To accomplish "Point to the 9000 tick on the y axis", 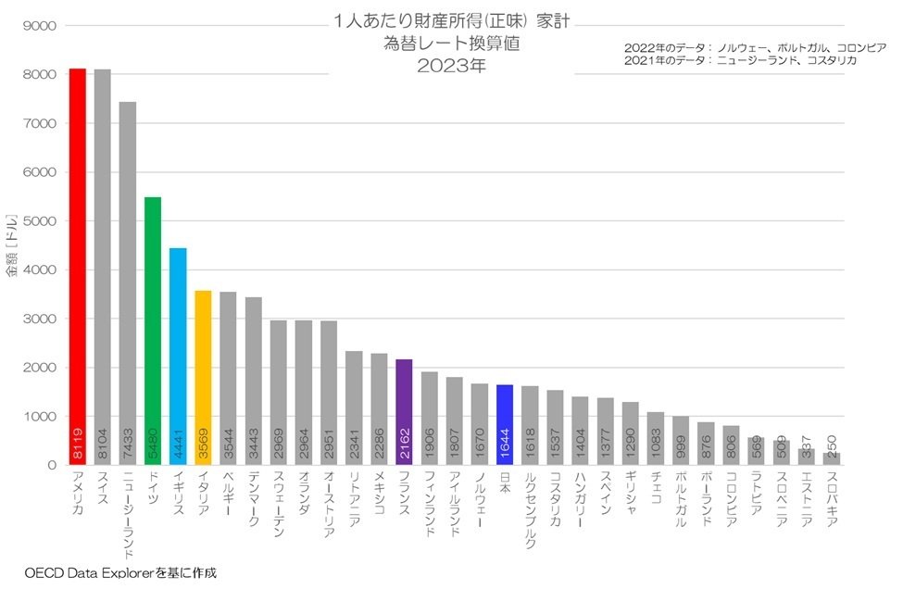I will (x=41, y=26).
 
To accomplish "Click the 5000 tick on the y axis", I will (x=41, y=221).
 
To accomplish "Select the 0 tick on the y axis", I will (x=53, y=465).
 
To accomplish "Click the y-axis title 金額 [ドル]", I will (x=12, y=245).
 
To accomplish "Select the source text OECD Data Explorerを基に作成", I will (x=120, y=573).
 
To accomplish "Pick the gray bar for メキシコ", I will (x=379, y=408).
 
